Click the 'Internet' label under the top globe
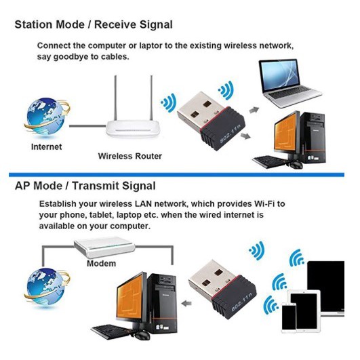click(x=46, y=147)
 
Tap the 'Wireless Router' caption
click(x=130, y=157)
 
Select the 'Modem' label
click(x=101, y=263)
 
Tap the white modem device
click(x=104, y=247)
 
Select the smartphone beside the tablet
click(x=289, y=317)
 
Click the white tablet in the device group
click(x=304, y=311)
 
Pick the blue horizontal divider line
click(x=176, y=175)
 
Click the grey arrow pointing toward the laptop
click(x=254, y=111)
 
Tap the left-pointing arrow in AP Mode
click(x=186, y=304)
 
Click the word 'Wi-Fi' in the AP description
click(x=264, y=204)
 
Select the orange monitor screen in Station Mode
click(x=285, y=132)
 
